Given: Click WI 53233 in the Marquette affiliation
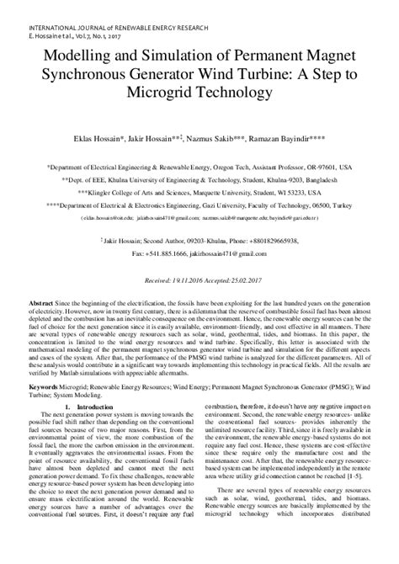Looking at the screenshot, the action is [x=312, y=168].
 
